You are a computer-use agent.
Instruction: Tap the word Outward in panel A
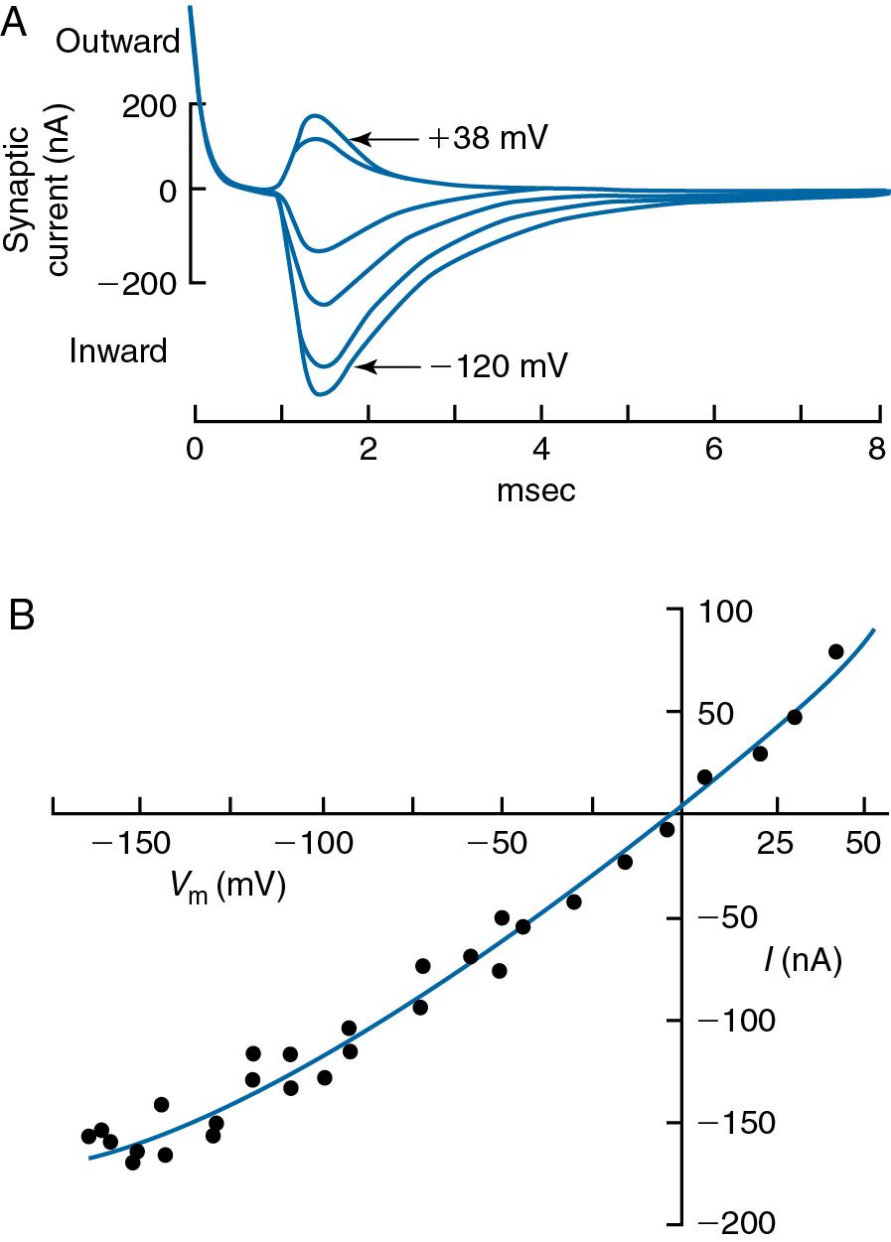(118, 41)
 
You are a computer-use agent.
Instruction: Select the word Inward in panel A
(117, 350)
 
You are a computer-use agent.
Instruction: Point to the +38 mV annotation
(488, 138)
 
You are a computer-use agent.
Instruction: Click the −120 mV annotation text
(499, 366)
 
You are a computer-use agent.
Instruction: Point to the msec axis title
(537, 489)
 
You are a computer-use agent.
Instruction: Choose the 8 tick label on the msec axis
(877, 450)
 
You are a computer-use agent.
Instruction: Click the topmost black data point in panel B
(835, 651)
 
